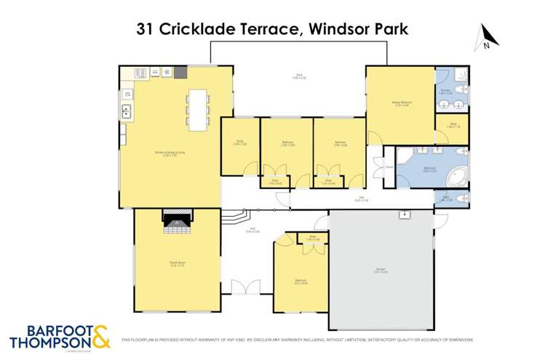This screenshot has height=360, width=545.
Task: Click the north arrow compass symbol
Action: (486, 38)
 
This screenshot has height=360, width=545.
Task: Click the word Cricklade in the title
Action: (196, 30)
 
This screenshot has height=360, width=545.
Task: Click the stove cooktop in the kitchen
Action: (140, 73)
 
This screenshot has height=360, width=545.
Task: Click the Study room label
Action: (239, 143)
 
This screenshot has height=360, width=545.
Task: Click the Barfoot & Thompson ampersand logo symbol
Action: (100, 336)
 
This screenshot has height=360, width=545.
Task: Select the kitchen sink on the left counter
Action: (127, 111)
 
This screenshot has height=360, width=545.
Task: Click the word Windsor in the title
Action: (338, 30)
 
